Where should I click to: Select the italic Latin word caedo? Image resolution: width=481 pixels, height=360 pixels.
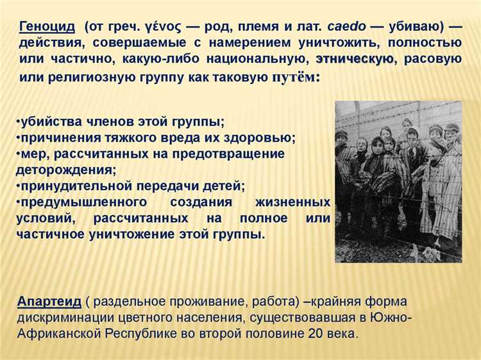346,27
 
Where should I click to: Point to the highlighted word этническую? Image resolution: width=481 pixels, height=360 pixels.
355,60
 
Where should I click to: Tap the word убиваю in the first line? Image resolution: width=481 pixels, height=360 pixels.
414,27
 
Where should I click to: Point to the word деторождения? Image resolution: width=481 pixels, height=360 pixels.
65,170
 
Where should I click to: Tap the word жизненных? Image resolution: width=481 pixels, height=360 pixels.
294,202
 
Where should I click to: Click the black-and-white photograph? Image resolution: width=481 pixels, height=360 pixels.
398,181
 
